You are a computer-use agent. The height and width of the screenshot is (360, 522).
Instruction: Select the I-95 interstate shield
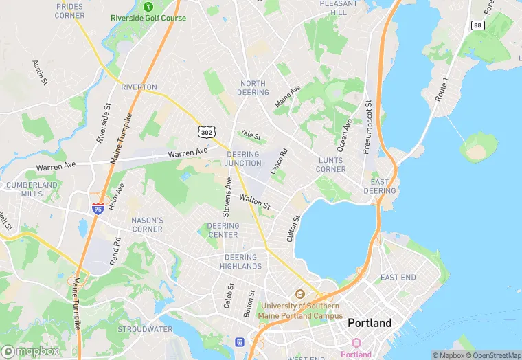(x=98, y=207)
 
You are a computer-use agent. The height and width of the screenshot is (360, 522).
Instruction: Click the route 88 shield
(x=477, y=25)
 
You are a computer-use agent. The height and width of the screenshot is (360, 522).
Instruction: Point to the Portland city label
(x=370, y=323)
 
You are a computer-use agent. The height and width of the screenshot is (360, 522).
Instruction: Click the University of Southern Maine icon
(x=299, y=295)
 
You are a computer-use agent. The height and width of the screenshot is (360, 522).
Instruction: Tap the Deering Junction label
(x=243, y=159)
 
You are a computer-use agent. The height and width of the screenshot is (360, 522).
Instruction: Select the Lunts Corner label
(x=331, y=164)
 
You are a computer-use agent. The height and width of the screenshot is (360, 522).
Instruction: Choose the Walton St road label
(x=255, y=202)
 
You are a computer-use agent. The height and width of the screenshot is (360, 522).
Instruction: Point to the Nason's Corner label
(x=147, y=225)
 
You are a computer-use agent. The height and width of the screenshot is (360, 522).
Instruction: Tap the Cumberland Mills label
(x=32, y=190)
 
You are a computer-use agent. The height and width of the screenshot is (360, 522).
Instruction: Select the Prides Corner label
(x=69, y=10)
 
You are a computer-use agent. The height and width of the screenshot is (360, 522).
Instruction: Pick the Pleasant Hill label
(x=338, y=8)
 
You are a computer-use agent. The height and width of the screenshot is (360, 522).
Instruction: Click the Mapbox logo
(x=30, y=351)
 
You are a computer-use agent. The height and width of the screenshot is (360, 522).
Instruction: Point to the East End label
(x=398, y=278)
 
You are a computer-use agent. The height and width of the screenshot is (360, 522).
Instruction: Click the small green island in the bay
(x=478, y=146)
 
